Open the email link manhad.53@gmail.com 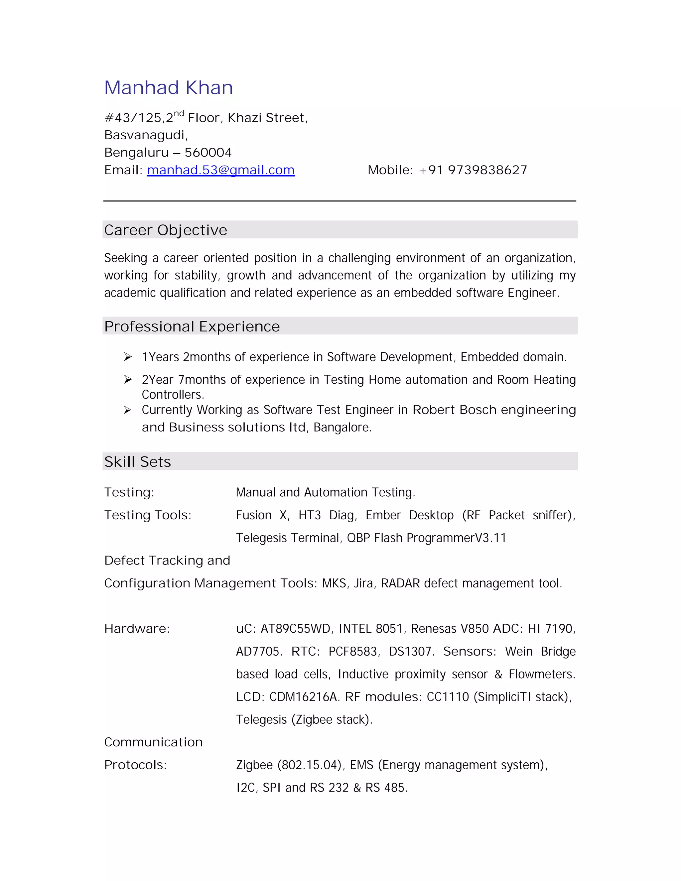tap(221, 170)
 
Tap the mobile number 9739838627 tap(487, 170)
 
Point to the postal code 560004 tap(208, 153)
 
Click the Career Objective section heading tap(165, 230)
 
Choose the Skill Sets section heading tap(138, 461)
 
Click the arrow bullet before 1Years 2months tap(128, 357)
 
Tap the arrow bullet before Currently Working tap(128, 410)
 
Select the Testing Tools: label tap(148, 515)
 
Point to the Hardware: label tap(137, 628)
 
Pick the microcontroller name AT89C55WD tap(295, 628)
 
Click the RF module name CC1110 tap(448, 696)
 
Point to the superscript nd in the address tap(179, 113)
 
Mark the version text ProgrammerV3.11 tap(456, 538)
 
